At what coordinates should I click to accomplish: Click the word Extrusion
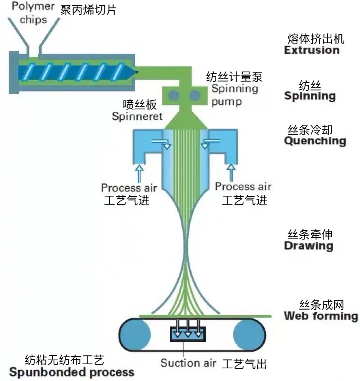click(312, 50)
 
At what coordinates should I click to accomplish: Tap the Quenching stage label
click(315, 141)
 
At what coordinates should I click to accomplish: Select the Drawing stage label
click(308, 246)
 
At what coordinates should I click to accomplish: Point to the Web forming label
click(321, 316)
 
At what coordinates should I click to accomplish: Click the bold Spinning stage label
click(310, 96)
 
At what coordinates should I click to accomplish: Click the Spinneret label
click(137, 116)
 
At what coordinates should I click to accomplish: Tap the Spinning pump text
click(235, 95)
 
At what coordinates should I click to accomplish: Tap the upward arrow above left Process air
click(139, 173)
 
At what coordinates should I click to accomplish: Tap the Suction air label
click(188, 363)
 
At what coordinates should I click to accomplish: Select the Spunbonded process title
click(71, 372)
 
